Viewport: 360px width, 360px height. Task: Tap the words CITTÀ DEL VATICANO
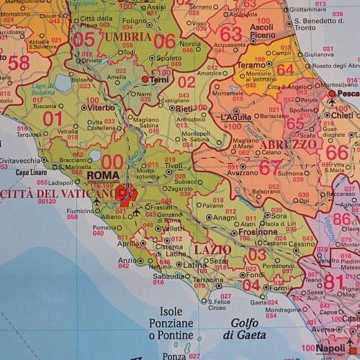[x=58, y=194]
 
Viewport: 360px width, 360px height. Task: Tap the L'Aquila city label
[x=236, y=116]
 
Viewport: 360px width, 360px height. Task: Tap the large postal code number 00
[x=112, y=161]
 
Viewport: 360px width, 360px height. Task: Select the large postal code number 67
[x=270, y=166]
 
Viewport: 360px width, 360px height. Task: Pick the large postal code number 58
[x=19, y=63]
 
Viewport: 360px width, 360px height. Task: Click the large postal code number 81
[x=333, y=282]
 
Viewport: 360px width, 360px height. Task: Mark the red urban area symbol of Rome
[x=126, y=195]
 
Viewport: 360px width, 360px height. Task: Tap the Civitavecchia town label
[x=19, y=161]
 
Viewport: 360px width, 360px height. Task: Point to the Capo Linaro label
[x=32, y=173]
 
